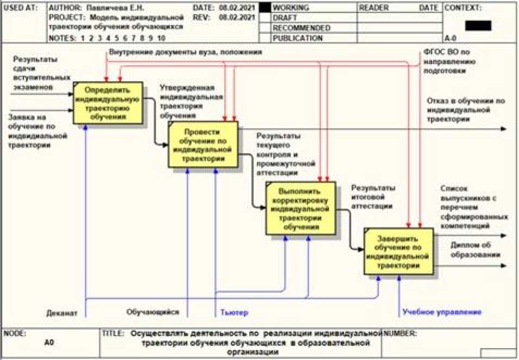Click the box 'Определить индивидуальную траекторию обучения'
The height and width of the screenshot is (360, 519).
tap(108, 103)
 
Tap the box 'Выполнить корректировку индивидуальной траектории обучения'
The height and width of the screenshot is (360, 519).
tap(300, 209)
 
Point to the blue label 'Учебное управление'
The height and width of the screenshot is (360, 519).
tap(441, 312)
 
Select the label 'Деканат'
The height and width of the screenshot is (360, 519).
tap(62, 313)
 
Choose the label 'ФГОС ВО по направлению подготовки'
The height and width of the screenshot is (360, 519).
tap(450, 61)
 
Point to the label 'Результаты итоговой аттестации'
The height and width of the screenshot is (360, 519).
tap(372, 197)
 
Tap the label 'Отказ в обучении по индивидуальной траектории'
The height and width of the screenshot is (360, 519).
tap(466, 110)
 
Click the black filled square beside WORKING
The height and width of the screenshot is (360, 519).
tap(264, 8)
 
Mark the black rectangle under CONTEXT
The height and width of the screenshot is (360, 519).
tap(478, 26)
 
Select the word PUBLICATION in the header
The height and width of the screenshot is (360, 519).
tap(298, 39)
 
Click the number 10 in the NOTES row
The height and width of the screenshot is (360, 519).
tap(161, 39)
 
